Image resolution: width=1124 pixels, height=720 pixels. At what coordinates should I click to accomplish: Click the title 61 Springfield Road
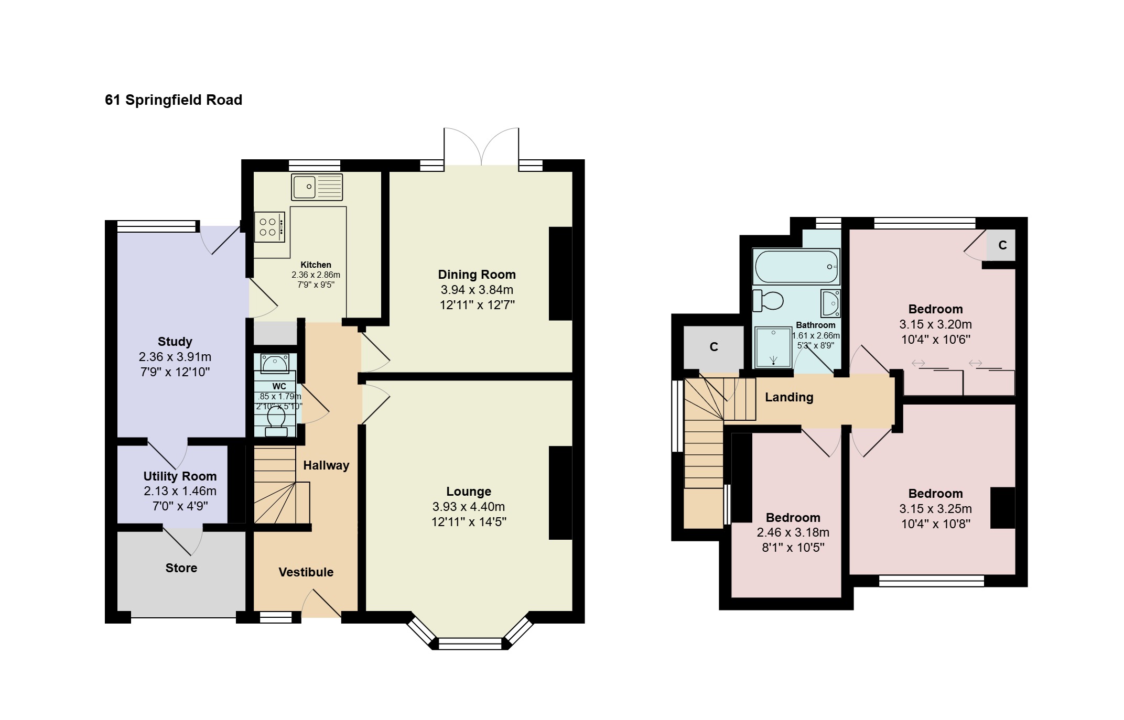tap(174, 100)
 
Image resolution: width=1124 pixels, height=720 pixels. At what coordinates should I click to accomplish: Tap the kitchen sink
tap(317, 187)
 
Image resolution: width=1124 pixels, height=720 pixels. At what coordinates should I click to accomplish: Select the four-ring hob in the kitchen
tap(270, 227)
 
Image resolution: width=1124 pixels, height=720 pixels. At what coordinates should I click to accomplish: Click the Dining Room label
tap(477, 275)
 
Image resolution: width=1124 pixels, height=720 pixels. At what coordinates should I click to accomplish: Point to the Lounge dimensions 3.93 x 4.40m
tap(469, 507)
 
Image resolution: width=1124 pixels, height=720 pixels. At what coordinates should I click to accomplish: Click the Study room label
tap(175, 342)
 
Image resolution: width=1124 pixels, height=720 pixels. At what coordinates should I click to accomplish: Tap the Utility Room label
tap(180, 476)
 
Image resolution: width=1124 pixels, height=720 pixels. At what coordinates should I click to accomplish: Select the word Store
tap(181, 568)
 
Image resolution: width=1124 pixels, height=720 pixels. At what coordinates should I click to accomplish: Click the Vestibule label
tap(306, 572)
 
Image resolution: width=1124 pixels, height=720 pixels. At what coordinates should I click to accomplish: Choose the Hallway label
tap(326, 465)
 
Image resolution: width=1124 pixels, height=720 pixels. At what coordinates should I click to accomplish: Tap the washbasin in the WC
tap(275, 363)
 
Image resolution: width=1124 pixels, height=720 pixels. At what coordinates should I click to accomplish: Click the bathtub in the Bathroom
tap(796, 266)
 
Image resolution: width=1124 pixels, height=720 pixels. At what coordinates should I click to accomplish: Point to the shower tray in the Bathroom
tap(773, 347)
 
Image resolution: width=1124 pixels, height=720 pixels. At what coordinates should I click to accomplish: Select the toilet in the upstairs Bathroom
tap(768, 301)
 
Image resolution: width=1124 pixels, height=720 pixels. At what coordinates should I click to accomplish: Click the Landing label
tap(789, 397)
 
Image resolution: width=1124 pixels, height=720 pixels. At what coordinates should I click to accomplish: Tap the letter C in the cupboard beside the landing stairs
tap(714, 347)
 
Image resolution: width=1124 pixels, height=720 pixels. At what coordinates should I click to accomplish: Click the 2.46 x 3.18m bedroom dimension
tap(793, 532)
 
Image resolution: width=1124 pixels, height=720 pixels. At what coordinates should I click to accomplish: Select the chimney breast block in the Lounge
tap(560, 493)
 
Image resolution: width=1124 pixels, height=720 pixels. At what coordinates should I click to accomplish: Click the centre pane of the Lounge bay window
tap(470, 644)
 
